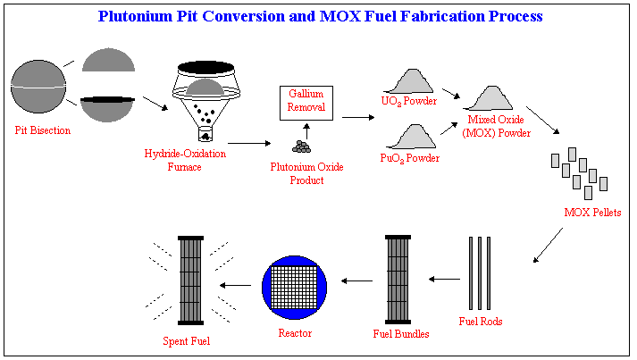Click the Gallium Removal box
click(306, 104)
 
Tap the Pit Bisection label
click(43, 130)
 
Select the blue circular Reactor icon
click(294, 288)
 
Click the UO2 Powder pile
click(408, 81)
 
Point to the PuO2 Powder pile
click(411, 137)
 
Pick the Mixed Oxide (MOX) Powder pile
click(488, 98)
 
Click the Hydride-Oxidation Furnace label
click(185, 160)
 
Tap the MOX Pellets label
click(592, 213)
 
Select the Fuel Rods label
click(481, 322)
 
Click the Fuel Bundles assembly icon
click(398, 280)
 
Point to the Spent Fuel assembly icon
click(191, 280)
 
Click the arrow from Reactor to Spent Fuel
click(235, 285)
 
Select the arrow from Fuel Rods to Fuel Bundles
click(444, 279)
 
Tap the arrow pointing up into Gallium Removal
click(306, 131)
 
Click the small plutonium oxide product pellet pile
click(301, 147)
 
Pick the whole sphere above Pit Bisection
click(38, 87)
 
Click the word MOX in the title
click(340, 16)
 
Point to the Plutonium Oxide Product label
click(307, 173)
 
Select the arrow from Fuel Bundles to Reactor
click(357, 280)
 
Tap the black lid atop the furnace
click(206, 68)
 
